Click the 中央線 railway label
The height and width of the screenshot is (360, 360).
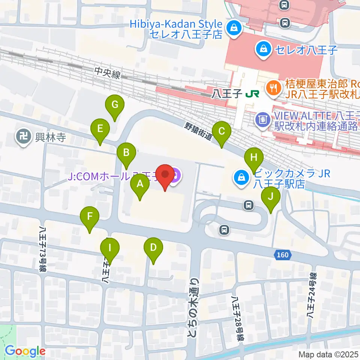pyautogui.click(x=107, y=73)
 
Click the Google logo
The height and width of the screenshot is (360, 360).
pyautogui.click(x=25, y=351)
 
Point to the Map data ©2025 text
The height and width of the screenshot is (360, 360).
pyautogui.click(x=328, y=354)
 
